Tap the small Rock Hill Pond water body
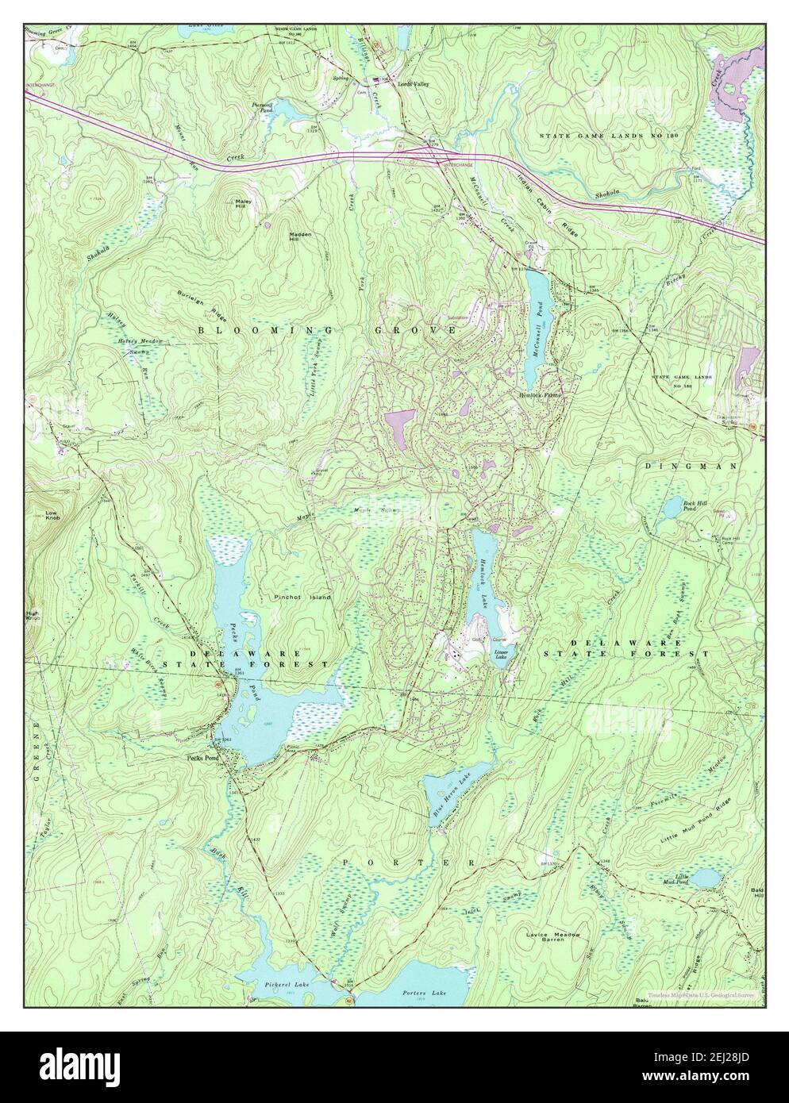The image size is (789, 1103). pos(673,505)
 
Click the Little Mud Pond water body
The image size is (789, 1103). pos(705,878)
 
